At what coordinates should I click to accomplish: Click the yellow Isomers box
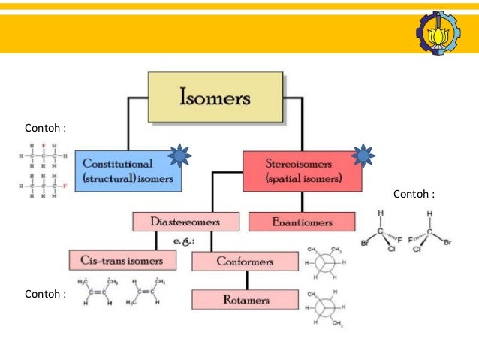[x=215, y=97]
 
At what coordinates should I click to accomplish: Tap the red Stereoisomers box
[x=302, y=171]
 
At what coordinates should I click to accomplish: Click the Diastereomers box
[x=185, y=222]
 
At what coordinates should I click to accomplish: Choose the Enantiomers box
[x=301, y=222]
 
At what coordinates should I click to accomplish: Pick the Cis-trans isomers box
[x=122, y=260]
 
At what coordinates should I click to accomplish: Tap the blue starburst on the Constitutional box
[x=179, y=156]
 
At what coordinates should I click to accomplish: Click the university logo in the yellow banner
[x=438, y=32]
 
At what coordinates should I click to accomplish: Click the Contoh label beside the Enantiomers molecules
[x=414, y=195]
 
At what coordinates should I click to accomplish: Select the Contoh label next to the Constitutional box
[x=45, y=128]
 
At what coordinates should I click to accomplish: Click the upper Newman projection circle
[x=324, y=262]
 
